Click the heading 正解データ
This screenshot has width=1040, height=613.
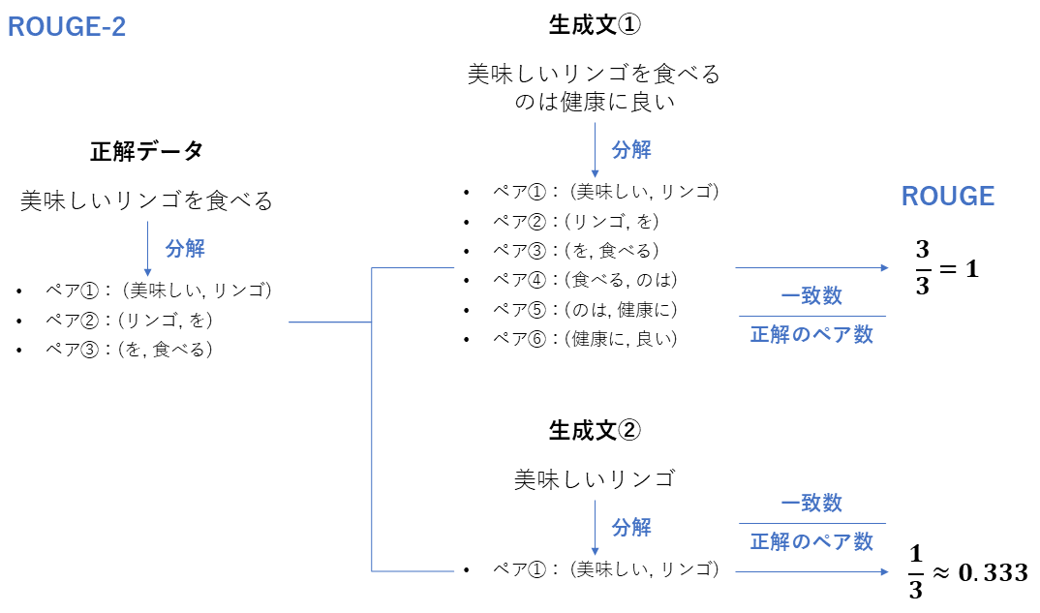(x=146, y=151)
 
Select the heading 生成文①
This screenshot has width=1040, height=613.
(x=594, y=25)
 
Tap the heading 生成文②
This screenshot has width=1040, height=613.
(x=594, y=430)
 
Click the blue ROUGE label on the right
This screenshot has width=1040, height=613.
(x=947, y=197)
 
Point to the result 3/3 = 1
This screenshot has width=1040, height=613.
(x=946, y=268)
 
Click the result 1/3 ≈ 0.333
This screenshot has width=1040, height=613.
(x=967, y=572)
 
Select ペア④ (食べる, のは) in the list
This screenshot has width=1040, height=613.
(x=585, y=280)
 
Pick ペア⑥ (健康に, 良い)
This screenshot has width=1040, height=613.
(x=585, y=339)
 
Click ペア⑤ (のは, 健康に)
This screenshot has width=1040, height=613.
(x=585, y=310)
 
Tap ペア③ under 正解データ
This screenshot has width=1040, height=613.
(x=129, y=349)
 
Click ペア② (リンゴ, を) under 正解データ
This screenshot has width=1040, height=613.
(x=129, y=320)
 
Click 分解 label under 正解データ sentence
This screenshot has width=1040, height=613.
(x=185, y=248)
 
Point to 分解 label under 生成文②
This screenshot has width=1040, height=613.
(x=631, y=528)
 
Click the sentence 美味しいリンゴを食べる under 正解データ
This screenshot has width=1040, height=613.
(x=146, y=201)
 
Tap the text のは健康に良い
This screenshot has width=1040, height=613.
(x=594, y=102)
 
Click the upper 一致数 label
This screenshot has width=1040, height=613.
(x=811, y=296)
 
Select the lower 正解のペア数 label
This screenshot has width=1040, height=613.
(x=811, y=542)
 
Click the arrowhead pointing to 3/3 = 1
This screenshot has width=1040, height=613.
(x=884, y=267)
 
